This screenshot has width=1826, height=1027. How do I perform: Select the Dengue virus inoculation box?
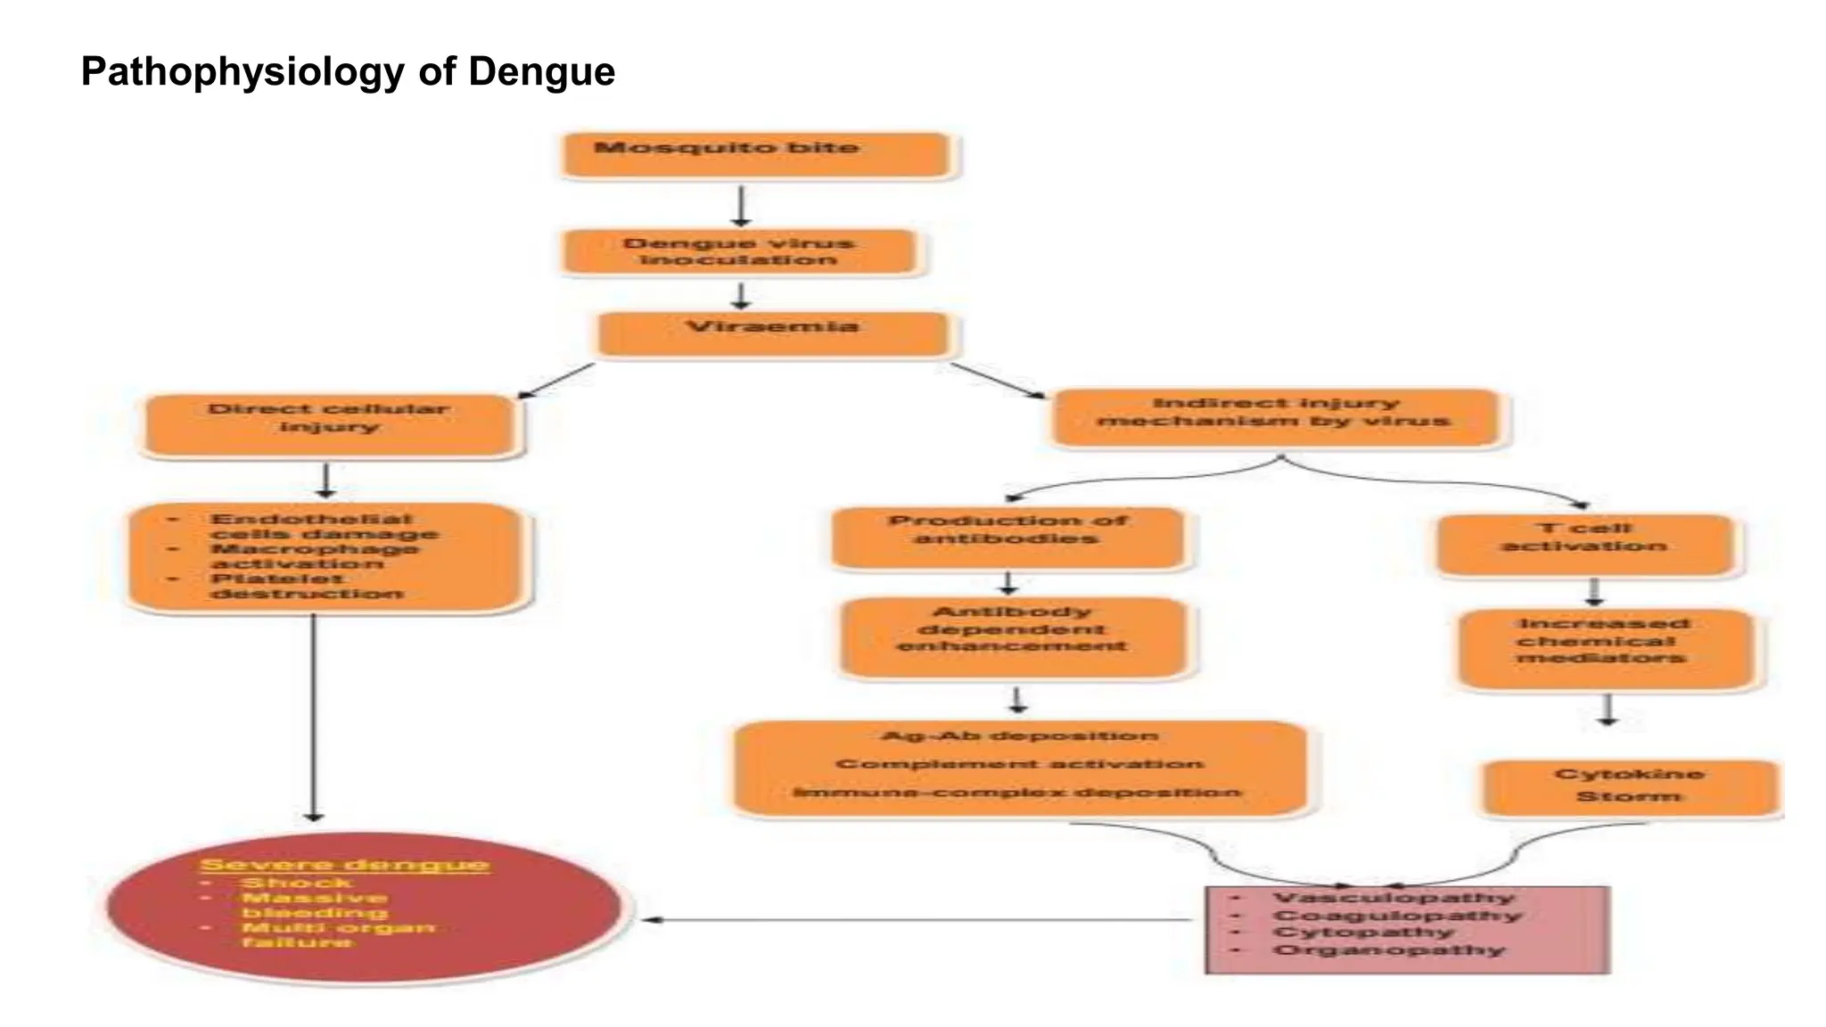tap(739, 252)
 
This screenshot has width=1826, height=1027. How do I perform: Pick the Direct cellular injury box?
tap(330, 425)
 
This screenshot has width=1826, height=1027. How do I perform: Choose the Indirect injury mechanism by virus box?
tap(1275, 417)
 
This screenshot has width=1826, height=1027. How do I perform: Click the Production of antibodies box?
tap(1008, 538)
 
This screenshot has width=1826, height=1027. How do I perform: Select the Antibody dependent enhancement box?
tap(1014, 637)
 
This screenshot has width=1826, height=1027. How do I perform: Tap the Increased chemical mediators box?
tap(1604, 647)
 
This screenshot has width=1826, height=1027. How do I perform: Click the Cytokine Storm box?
tap(1629, 786)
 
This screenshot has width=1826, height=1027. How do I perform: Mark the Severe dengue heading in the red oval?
tap(345, 864)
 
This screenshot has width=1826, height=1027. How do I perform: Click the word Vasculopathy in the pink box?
tap(1394, 898)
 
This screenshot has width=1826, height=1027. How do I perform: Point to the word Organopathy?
tap(1388, 949)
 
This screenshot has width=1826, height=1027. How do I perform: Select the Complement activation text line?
tap(1019, 764)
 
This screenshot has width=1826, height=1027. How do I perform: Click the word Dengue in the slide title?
tap(541, 71)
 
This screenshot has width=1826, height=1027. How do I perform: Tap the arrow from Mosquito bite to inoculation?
tap(741, 205)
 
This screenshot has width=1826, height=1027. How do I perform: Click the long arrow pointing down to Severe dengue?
tap(314, 713)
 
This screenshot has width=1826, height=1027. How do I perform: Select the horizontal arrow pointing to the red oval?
tap(918, 919)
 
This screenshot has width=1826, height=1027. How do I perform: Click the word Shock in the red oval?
tap(297, 883)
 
